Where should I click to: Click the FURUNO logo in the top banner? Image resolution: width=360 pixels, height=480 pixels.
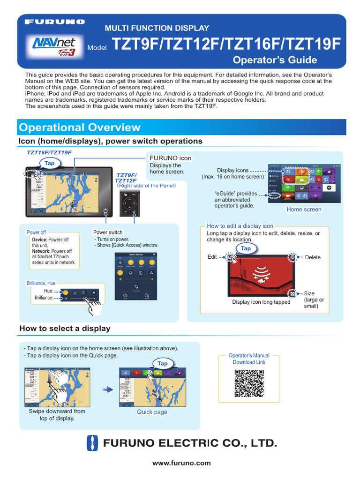point(55,22)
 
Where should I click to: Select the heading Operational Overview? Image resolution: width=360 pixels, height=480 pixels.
point(79,127)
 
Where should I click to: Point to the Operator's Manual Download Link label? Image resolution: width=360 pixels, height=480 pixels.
point(249,359)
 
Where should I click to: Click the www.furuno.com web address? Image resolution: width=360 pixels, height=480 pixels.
point(181,463)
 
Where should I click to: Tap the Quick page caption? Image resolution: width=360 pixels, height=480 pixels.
point(152,412)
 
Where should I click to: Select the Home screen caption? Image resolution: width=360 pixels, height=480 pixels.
point(304,210)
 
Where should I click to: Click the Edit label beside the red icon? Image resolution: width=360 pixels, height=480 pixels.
point(212,257)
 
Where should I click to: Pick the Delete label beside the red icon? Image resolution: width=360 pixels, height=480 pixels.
point(313,257)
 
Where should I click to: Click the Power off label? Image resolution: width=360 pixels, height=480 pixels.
point(36,232)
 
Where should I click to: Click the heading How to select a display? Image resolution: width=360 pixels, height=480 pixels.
point(65,329)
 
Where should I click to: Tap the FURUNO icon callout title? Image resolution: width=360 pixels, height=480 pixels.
point(170,158)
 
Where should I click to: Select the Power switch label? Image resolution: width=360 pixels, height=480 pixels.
point(108,232)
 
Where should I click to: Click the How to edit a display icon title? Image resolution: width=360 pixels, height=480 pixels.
point(240,226)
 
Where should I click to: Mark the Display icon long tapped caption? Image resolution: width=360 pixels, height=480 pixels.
point(261,302)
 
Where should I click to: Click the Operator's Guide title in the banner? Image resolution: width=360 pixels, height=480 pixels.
point(275,60)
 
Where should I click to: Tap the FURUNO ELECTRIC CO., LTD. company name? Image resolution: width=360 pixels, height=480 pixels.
point(190,443)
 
